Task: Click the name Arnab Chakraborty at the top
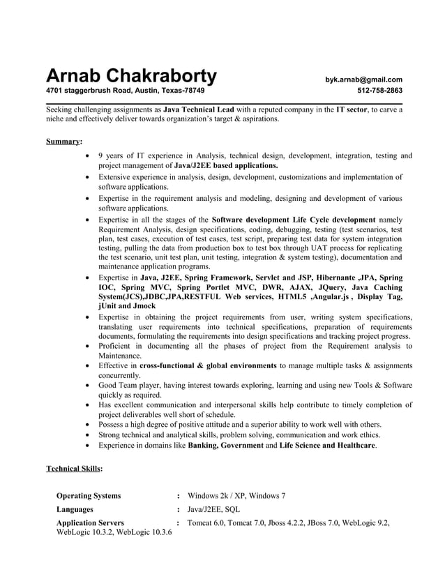(x=131, y=76)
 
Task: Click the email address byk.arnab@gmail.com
(x=363, y=79)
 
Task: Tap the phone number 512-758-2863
(x=379, y=91)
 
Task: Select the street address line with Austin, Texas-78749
(x=126, y=91)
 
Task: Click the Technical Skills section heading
(x=74, y=468)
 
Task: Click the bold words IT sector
(x=352, y=109)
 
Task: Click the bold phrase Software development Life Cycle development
(x=293, y=219)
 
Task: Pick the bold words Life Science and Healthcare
(x=327, y=444)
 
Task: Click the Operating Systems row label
(x=88, y=496)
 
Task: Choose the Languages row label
(x=75, y=509)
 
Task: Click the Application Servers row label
(x=90, y=522)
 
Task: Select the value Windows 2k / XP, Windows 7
(x=237, y=496)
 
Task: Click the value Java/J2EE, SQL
(x=214, y=509)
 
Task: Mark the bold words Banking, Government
(x=225, y=444)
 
